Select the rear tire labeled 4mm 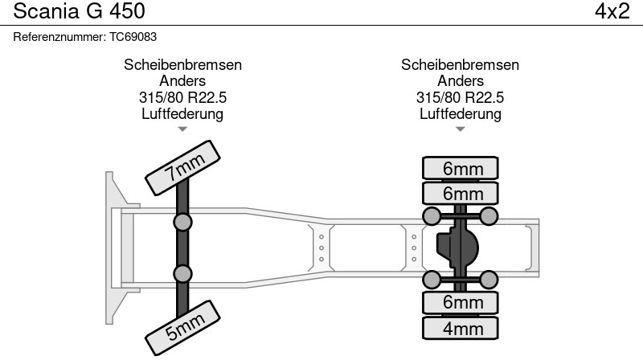[x=461, y=329]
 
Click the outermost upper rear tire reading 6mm [x=461, y=168]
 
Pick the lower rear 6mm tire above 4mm [x=461, y=302]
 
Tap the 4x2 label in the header [x=612, y=12]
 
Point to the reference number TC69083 [x=133, y=37]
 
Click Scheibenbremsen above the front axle [x=182, y=65]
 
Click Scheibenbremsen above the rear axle [x=460, y=65]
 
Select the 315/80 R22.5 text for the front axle [x=182, y=97]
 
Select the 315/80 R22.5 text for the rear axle [x=460, y=97]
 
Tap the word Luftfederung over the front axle [x=182, y=113]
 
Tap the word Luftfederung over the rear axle [x=460, y=113]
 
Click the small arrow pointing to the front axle [x=182, y=129]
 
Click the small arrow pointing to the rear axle [x=461, y=129]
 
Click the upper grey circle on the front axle [x=183, y=222]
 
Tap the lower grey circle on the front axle [x=183, y=273]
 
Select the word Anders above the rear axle [x=460, y=81]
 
